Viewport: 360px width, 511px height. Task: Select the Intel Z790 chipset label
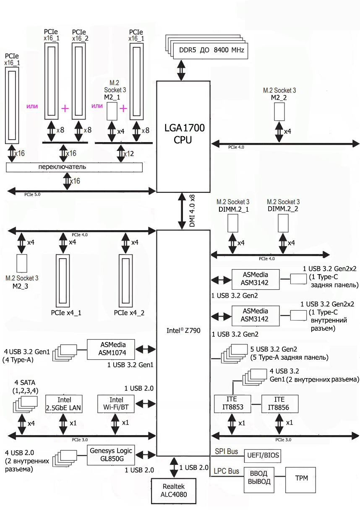click(x=183, y=330)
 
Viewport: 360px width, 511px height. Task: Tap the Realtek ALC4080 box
click(x=174, y=490)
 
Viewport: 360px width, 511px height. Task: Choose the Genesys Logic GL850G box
click(x=111, y=455)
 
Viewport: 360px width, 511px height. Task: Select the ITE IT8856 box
click(x=279, y=403)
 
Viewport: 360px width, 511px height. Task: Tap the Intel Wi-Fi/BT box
click(x=116, y=404)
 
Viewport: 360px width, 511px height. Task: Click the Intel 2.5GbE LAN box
click(x=64, y=404)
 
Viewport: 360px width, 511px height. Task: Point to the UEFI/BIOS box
click(x=263, y=455)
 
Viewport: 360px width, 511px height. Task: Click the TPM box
click(x=300, y=478)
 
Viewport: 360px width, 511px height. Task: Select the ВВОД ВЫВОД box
click(x=259, y=478)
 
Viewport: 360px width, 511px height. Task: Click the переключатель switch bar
click(x=74, y=167)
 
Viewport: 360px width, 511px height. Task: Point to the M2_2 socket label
click(x=279, y=98)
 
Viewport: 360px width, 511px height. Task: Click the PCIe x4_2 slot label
click(x=130, y=312)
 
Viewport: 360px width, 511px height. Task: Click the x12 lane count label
click(x=128, y=154)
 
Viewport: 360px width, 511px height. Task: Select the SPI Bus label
click(x=227, y=451)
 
